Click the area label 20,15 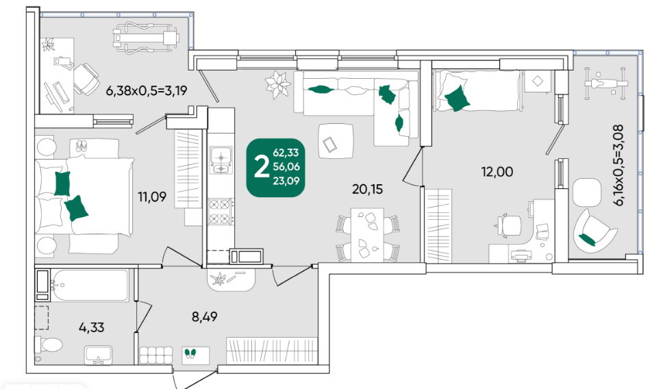pos(367,189)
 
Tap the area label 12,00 pos(497,172)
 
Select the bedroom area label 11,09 pos(152,197)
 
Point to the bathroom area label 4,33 pos(91,327)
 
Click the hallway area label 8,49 pos(205,316)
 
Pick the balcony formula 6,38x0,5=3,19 pos(147,90)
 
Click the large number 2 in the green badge pos(262,167)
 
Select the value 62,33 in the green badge pos(286,153)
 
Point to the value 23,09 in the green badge pos(286,181)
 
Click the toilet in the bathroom pos(48,344)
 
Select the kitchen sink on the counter pos(221,160)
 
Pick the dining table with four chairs pos(367,235)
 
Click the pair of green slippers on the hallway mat pos(190,353)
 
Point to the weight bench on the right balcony pos(605,84)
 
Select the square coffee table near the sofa pos(336,141)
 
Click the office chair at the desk pos(509,225)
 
